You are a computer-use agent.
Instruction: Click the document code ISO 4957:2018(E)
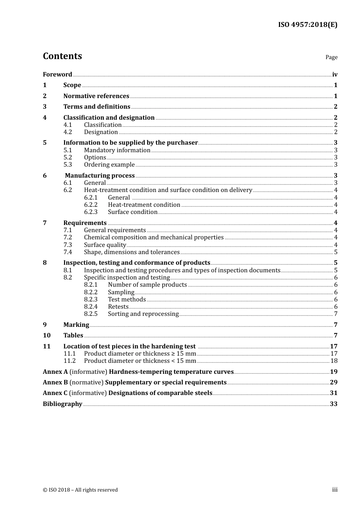coord(307,25)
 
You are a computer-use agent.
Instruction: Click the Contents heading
coord(62,56)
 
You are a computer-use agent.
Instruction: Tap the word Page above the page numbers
coord(331,57)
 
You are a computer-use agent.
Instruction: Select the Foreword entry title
coord(57,74)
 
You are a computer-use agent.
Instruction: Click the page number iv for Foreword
coord(335,74)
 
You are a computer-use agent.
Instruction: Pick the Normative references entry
coord(96,96)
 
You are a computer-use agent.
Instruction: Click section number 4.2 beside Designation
coord(67,132)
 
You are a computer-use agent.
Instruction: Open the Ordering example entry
coord(109,164)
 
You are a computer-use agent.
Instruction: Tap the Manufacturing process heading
coord(100,175)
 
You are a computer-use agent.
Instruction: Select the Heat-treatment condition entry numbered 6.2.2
coord(144,205)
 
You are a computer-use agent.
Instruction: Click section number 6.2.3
coord(91,212)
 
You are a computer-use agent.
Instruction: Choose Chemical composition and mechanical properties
coord(153,237)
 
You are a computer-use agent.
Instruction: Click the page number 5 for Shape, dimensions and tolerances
coord(336,252)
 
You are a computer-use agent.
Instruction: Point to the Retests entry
coord(118,306)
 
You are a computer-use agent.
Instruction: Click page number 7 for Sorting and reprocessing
coord(336,314)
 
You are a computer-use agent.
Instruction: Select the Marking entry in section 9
coord(76,325)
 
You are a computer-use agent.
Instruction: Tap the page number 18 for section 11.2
coord(334,361)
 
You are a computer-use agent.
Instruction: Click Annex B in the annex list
coord(55,382)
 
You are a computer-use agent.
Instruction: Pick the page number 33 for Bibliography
coord(333,404)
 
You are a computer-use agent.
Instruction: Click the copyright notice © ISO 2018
coord(80,490)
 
